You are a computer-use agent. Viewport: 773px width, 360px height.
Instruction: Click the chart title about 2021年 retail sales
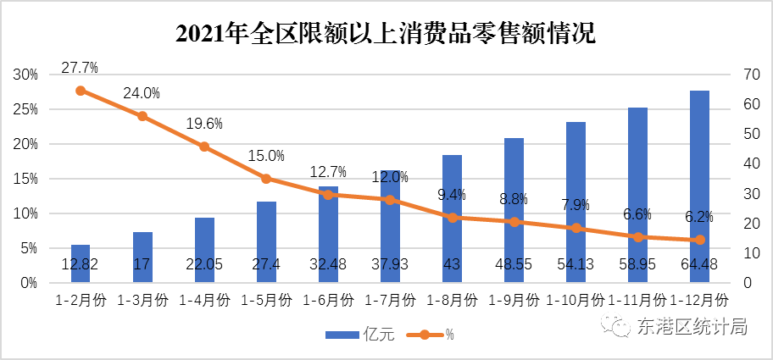[x=386, y=34]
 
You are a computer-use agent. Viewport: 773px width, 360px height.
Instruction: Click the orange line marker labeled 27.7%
[x=81, y=91]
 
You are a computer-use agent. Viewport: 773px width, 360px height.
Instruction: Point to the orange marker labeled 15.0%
[x=266, y=179]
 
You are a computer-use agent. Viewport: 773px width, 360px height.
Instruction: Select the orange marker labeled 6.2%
[x=699, y=240]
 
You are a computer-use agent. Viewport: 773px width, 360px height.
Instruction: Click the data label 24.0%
[x=142, y=93]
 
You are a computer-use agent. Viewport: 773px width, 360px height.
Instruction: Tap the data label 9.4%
[x=452, y=195]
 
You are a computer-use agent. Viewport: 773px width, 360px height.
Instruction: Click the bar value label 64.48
[x=699, y=265]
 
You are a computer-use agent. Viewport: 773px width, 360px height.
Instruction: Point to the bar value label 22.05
[x=204, y=265]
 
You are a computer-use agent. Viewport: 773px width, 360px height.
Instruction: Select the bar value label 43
[x=452, y=265]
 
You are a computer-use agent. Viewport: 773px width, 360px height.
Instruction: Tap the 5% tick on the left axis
[x=29, y=248]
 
